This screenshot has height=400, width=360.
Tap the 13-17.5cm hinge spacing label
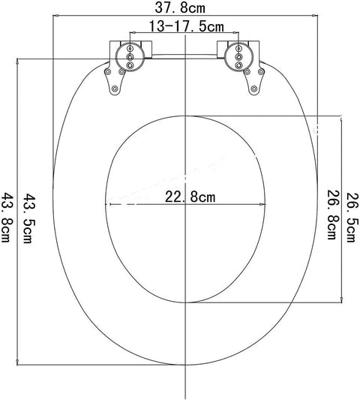(185, 26)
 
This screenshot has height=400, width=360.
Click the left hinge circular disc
(130, 56)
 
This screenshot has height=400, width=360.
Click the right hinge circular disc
(238, 56)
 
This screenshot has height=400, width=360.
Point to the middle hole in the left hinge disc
(130, 56)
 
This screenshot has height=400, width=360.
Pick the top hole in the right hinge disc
(238, 47)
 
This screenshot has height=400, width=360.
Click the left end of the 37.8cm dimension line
(54, 17)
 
